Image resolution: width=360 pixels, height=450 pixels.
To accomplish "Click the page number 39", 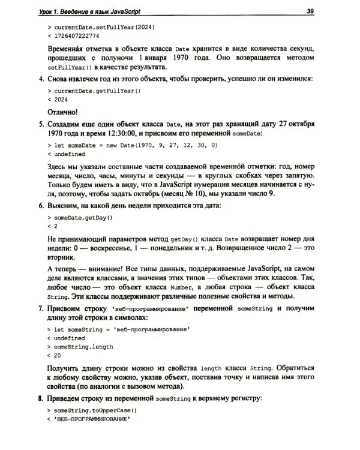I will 310,10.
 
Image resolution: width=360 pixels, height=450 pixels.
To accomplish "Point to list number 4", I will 40,79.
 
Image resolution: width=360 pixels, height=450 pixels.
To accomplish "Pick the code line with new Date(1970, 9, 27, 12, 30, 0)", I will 132,145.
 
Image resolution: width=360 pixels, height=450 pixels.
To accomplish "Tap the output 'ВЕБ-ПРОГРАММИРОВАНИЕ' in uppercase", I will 92,419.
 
